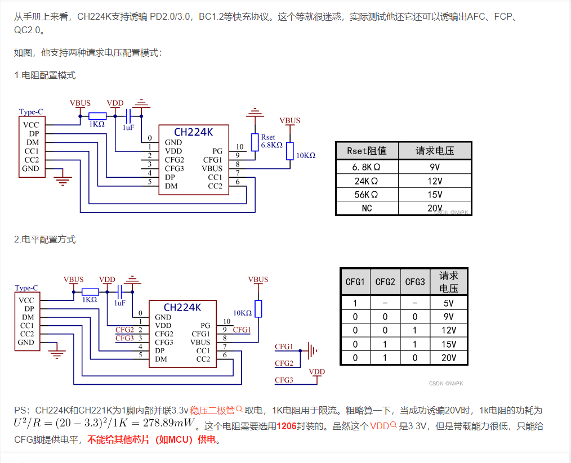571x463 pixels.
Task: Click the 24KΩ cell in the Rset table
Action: pos(367,181)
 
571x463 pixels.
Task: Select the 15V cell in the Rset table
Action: pos(435,195)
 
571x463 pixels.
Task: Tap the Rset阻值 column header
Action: pos(367,151)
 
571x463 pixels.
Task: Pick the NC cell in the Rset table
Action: pos(367,208)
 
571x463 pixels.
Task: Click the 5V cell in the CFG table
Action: pos(449,303)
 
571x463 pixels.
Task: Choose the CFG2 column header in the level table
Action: pos(385,282)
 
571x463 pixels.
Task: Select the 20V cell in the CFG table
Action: pos(449,358)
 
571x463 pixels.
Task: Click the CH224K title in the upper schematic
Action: pos(193,132)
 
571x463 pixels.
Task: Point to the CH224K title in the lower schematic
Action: pos(182,307)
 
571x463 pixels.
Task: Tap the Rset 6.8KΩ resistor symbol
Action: pos(255,142)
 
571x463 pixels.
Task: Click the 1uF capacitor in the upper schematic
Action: pos(128,116)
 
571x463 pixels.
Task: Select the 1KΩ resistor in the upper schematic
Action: pos(97,116)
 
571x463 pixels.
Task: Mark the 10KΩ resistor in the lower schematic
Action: pos(258,309)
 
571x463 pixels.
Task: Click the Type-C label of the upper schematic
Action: pos(31,111)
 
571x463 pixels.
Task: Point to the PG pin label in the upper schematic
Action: pos(217,151)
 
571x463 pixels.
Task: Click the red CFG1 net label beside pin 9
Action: pos(242,330)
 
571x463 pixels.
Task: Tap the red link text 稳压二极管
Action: pos(212,411)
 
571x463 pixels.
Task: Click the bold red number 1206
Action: pos(287,426)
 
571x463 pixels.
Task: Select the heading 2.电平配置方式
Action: pos(45,239)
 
